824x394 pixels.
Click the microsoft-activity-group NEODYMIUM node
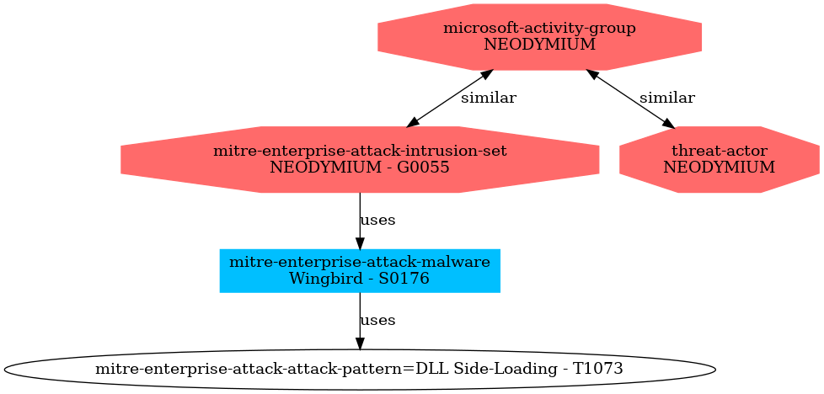pos(539,36)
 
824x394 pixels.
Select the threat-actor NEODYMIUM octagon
pos(719,159)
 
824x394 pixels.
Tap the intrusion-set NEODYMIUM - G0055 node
pos(360,159)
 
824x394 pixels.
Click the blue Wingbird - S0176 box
pos(360,270)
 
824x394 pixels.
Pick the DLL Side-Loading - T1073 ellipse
pos(360,369)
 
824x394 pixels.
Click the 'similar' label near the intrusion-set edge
pos(488,98)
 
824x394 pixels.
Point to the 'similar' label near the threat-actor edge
pos(666,98)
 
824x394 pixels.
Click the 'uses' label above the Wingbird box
pos(377,221)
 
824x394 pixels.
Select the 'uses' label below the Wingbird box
pos(377,321)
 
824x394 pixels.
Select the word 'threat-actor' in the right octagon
pos(719,151)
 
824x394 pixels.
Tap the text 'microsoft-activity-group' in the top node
pos(539,29)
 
